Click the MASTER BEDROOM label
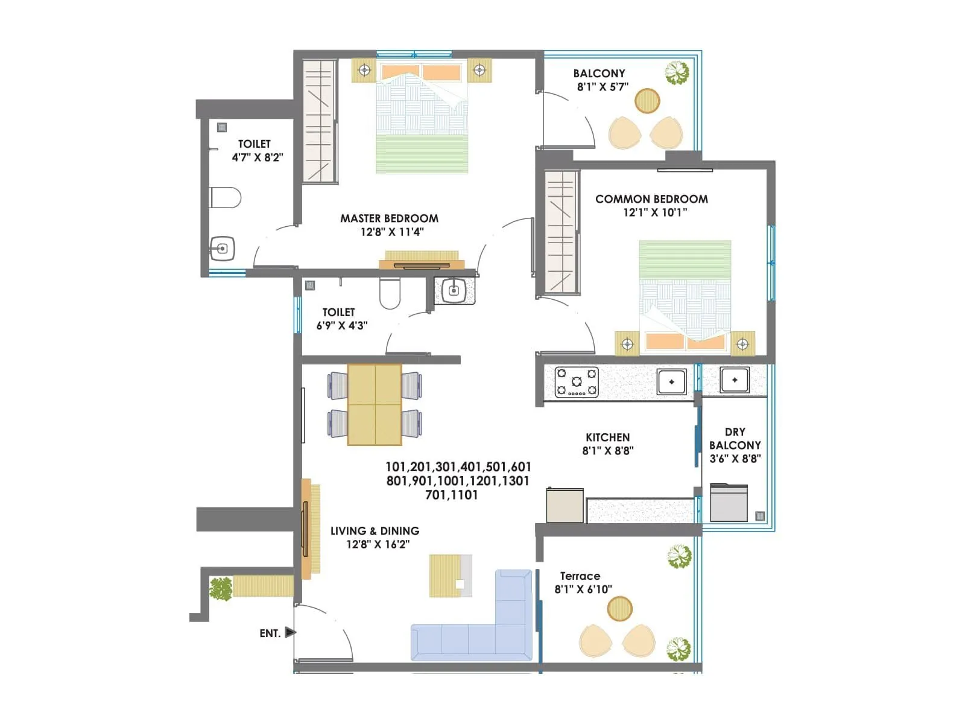click(x=389, y=218)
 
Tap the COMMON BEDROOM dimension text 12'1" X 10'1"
click(x=655, y=212)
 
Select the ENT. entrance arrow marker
click(x=290, y=632)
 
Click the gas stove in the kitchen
click(x=576, y=382)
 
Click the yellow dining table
click(x=375, y=404)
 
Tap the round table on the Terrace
click(x=619, y=608)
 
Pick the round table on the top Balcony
click(x=647, y=101)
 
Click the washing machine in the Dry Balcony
click(x=729, y=502)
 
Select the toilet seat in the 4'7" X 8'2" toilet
click(x=225, y=197)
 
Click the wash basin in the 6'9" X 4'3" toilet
click(x=454, y=291)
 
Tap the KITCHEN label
click(x=607, y=437)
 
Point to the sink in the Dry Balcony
click(x=734, y=380)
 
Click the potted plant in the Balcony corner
click(x=677, y=73)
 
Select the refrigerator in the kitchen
click(x=565, y=506)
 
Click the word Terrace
click(x=580, y=576)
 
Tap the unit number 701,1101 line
click(x=451, y=495)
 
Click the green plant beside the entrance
click(x=221, y=588)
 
